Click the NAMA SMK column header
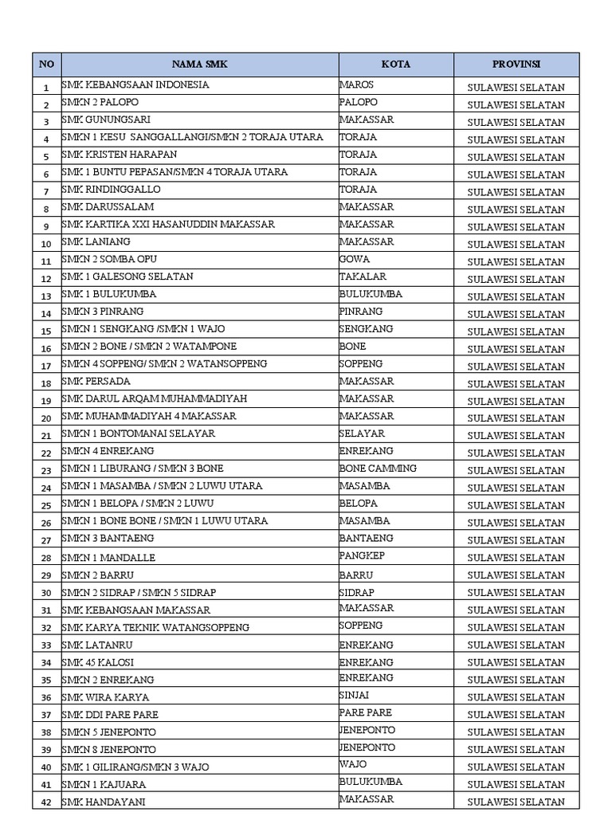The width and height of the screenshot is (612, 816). (x=200, y=65)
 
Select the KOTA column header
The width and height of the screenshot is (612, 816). (x=396, y=65)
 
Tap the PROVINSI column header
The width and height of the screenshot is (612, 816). (x=516, y=65)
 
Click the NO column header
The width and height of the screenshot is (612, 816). (x=47, y=65)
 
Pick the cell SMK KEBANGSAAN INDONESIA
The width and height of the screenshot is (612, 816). (x=135, y=84)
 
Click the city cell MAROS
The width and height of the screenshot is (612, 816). (x=357, y=84)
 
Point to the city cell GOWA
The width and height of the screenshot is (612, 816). (x=355, y=259)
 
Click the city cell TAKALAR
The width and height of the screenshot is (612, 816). (x=363, y=277)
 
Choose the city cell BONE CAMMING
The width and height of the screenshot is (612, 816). (x=378, y=469)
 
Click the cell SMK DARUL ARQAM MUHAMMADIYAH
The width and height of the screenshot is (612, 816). (x=155, y=398)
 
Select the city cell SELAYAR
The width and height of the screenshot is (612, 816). (x=362, y=433)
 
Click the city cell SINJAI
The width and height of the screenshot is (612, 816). (x=355, y=695)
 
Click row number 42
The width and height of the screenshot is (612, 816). (x=46, y=802)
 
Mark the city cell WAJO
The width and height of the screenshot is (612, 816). (x=353, y=765)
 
